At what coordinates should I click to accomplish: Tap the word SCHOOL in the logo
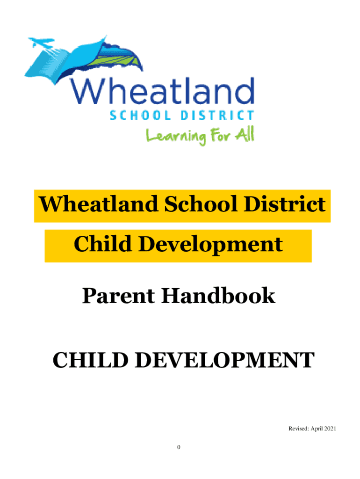[140, 116]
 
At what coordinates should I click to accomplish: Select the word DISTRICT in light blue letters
[217, 116]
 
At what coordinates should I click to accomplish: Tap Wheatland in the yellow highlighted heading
[99, 204]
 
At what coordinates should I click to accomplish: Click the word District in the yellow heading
[285, 204]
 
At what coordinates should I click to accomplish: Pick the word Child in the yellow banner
[102, 244]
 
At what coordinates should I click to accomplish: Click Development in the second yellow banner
[211, 245]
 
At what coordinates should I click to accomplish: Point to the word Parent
[118, 296]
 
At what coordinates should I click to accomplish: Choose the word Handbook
[218, 296]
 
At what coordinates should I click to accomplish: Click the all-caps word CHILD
[90, 360]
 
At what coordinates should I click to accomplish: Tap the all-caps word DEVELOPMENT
[225, 360]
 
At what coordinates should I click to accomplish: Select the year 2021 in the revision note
[330, 428]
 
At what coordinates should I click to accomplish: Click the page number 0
[179, 447]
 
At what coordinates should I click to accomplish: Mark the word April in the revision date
[317, 429]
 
